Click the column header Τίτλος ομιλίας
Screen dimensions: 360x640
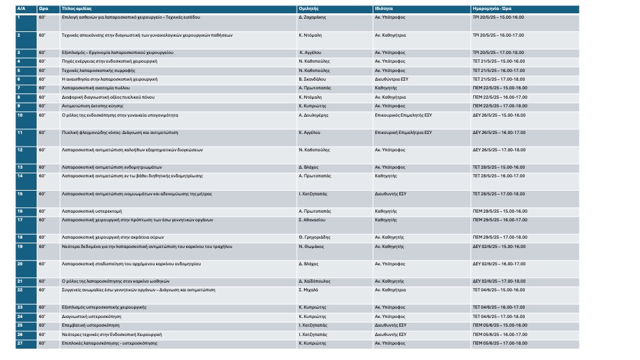[x=73, y=9]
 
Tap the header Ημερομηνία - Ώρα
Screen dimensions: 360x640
[x=492, y=9]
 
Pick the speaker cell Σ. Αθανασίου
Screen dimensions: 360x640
[x=311, y=219]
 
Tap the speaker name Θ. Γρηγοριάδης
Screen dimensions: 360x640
[x=315, y=237]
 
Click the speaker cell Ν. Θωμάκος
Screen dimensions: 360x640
[x=311, y=246]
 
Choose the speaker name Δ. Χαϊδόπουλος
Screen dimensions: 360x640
[x=315, y=281]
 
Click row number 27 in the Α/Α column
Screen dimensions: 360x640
[x=20, y=343]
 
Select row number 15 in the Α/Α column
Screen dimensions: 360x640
[x=20, y=193]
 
